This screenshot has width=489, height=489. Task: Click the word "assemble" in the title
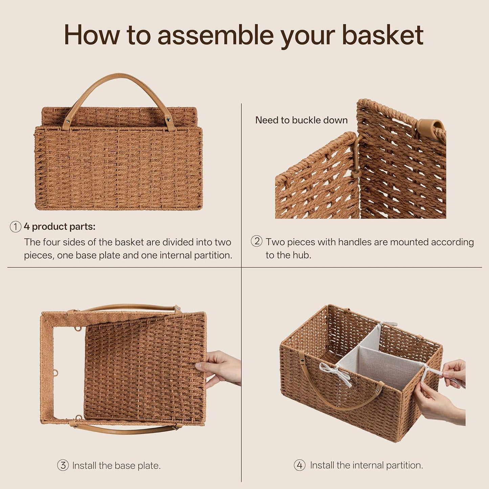click(216, 35)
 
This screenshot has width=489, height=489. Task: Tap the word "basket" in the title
click(382, 35)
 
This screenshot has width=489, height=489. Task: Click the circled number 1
click(15, 227)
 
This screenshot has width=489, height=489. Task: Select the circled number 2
click(257, 241)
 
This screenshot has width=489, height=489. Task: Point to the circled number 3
click(63, 465)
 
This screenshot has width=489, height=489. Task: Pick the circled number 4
click(300, 465)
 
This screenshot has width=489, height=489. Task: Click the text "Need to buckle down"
click(301, 120)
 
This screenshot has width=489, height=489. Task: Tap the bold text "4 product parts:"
click(60, 227)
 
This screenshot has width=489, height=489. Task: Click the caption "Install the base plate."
click(116, 466)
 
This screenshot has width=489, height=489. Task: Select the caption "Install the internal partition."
click(366, 465)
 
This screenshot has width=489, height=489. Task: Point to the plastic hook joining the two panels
click(357, 157)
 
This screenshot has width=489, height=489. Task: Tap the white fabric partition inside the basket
click(376, 355)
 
